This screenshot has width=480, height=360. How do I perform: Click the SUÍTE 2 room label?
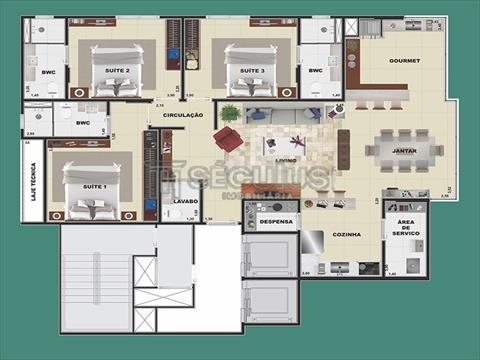(118, 71)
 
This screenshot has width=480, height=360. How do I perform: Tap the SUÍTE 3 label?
(251, 71)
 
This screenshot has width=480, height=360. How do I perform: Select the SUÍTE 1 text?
(95, 187)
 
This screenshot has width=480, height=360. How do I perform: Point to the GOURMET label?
(406, 60)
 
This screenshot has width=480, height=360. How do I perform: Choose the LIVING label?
(285, 158)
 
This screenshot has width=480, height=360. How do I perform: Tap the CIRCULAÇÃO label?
(183, 115)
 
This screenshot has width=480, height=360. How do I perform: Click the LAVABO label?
(185, 201)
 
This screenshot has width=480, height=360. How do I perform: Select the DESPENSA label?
(275, 221)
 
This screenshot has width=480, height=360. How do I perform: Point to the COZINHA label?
(346, 236)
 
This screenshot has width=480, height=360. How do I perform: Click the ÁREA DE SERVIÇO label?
(405, 228)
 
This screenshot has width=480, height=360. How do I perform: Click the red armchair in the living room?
(229, 138)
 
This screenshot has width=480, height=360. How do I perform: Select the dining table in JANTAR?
(403, 150)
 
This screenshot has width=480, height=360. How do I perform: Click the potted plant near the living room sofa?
(230, 112)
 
